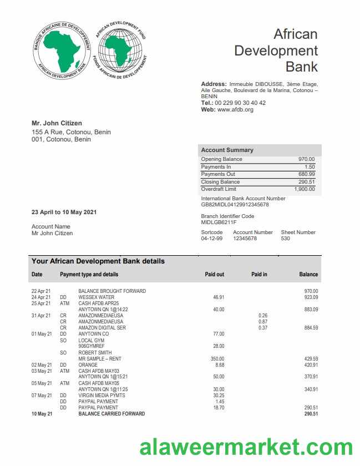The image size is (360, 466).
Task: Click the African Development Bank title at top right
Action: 276,50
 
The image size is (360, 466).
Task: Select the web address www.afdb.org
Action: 235,110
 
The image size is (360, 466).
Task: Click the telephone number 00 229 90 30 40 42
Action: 240,103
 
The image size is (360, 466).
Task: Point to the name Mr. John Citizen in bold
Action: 57,123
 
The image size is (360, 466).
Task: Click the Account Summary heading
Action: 227,150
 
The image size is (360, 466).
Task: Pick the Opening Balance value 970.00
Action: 306,159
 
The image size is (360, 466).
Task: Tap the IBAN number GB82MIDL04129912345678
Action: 235,205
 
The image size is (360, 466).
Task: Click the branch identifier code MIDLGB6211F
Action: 219,222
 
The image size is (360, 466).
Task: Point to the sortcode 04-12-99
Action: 211,239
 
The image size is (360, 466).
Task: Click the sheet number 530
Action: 286,239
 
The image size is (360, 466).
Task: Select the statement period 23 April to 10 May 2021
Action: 64,212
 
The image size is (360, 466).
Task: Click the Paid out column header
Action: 215,275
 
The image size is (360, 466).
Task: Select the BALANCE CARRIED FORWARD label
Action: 111,414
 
